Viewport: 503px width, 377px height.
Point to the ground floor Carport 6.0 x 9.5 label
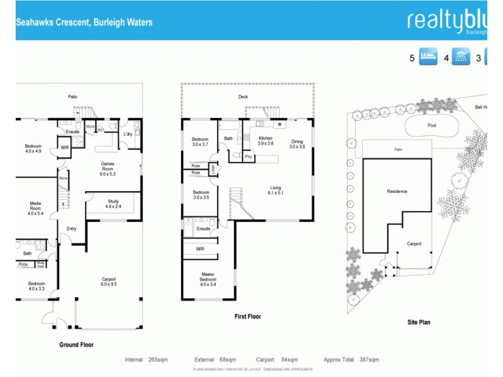[108, 281]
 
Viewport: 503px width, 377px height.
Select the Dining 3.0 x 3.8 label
[297, 144]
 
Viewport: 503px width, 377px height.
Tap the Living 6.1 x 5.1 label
[275, 190]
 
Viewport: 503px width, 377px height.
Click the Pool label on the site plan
[432, 125]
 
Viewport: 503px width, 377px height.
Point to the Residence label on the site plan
[397, 192]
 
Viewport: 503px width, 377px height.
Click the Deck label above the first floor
[243, 97]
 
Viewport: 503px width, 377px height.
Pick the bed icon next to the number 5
[428, 58]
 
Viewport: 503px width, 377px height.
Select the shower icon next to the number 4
[461, 58]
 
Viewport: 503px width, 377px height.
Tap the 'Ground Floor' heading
[77, 344]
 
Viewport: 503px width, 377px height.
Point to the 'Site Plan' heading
[418, 322]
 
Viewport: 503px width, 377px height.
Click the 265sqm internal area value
[158, 359]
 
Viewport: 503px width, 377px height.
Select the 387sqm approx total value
[369, 359]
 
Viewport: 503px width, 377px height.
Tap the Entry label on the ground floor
[71, 229]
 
